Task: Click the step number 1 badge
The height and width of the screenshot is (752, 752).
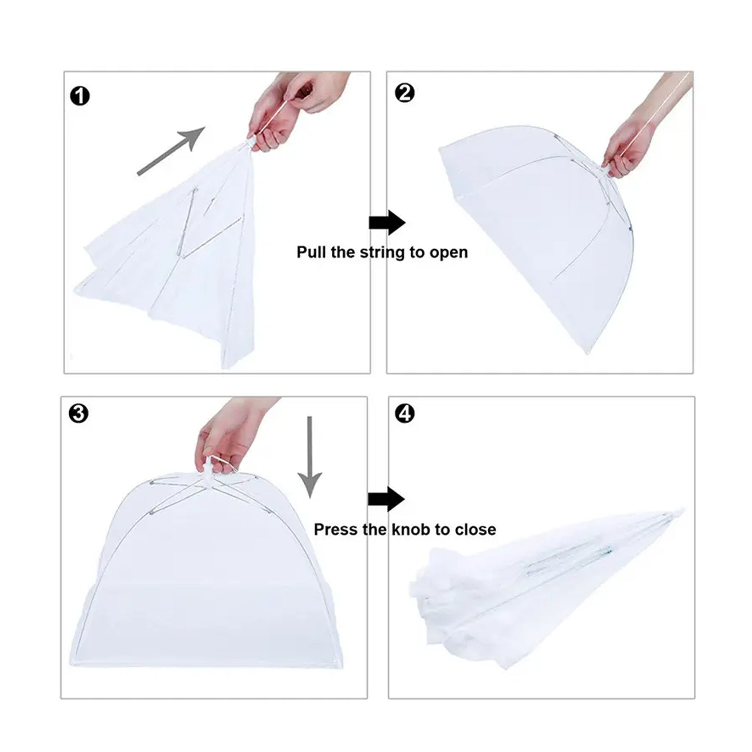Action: [x=80, y=96]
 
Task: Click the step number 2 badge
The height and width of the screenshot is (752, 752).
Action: [x=405, y=93]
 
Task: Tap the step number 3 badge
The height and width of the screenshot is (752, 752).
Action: [x=79, y=414]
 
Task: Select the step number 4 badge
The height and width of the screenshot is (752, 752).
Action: [x=405, y=414]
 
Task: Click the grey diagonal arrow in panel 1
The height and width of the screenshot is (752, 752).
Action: [x=171, y=151]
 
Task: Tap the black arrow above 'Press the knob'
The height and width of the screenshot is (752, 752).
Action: [x=386, y=499]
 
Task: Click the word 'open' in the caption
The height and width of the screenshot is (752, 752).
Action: [x=449, y=252]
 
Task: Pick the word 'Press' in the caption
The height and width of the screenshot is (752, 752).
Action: [x=333, y=529]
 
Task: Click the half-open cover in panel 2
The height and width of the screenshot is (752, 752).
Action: [x=536, y=226]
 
